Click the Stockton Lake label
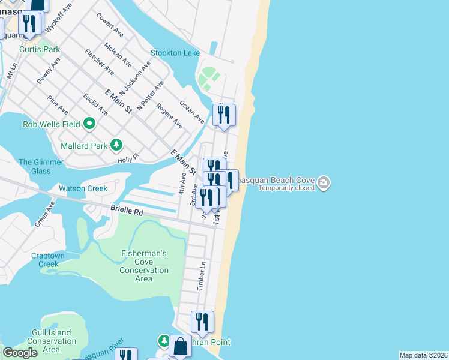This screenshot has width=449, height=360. pyautogui.click(x=175, y=53)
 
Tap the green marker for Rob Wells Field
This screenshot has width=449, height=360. pyautogui.click(x=90, y=124)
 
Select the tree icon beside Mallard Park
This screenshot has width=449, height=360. pyautogui.click(x=116, y=145)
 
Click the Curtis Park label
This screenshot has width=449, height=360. pyautogui.click(x=40, y=49)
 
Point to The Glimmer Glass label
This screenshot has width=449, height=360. pyautogui.click(x=41, y=166)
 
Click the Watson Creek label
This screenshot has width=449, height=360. pyautogui.click(x=83, y=188)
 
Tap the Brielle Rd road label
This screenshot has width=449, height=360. pyautogui.click(x=127, y=211)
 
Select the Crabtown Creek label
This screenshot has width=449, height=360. pyautogui.click(x=45, y=260)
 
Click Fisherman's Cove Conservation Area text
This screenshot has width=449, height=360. pyautogui.click(x=143, y=266)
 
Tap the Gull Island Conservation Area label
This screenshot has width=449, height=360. pyautogui.click(x=51, y=341)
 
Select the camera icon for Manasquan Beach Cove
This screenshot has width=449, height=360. pyautogui.click(x=324, y=181)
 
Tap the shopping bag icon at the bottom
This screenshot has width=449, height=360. pyautogui.click(x=180, y=347)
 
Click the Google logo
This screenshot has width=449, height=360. pyautogui.click(x=20, y=353)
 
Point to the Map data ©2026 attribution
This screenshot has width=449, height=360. pyautogui.click(x=423, y=355)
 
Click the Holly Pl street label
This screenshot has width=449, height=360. pyautogui.click(x=128, y=157)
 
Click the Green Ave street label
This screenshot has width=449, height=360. pyautogui.click(x=44, y=214)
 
